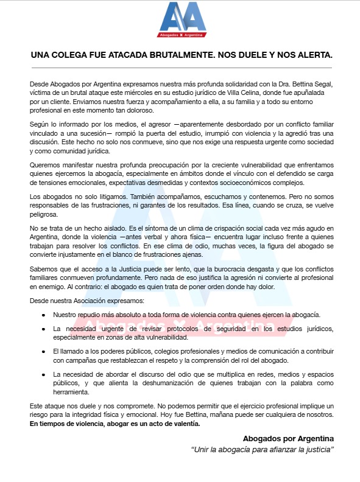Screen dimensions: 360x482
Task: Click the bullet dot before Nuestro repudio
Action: (x=43, y=315)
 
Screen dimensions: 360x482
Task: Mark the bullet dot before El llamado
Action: (x=43, y=352)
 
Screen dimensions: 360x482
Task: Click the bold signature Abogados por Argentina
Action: (x=288, y=438)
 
